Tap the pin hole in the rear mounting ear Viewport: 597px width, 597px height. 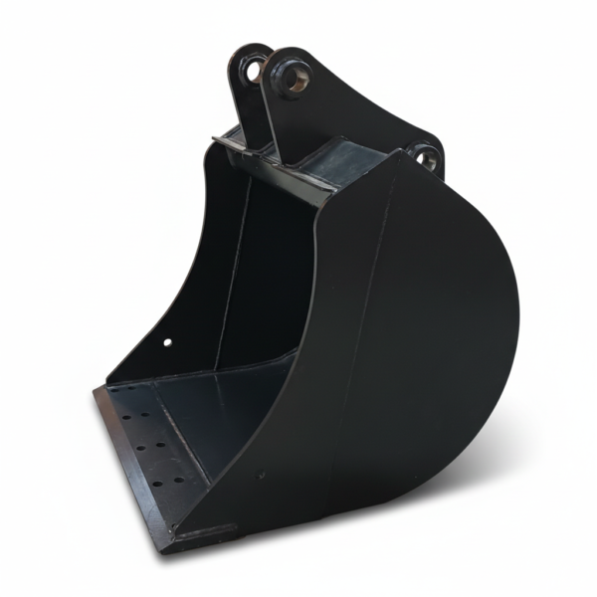pyautogui.click(x=253, y=69)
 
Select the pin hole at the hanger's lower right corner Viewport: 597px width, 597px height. pyautogui.click(x=425, y=156)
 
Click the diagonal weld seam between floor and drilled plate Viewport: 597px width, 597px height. pyautogui.click(x=179, y=438)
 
